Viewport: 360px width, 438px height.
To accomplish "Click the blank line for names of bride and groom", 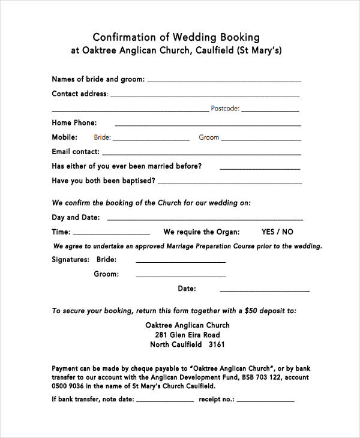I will pos(224,80).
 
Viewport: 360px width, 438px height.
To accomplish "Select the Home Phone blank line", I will pos(208,124).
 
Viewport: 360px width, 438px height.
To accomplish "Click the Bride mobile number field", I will pos(151,139).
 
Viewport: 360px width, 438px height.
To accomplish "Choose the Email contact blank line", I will pos(200,153).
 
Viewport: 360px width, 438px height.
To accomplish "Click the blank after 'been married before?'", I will pos(260,167).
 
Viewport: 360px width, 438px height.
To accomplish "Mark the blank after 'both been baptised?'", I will pos(229,182).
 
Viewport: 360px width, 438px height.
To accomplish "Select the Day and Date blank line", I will pos(205,219).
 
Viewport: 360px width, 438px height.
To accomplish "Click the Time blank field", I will pos(112,233).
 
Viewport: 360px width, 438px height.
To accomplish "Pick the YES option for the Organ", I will pos(269,232).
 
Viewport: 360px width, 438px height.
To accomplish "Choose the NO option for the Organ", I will pos(287,232).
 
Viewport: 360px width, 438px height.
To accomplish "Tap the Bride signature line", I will pos(181,261).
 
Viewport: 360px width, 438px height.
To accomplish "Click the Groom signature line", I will pos(181,275).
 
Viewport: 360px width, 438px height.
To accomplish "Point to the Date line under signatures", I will pos(265,290).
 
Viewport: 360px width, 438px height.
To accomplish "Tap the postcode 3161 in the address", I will pos(216,345).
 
